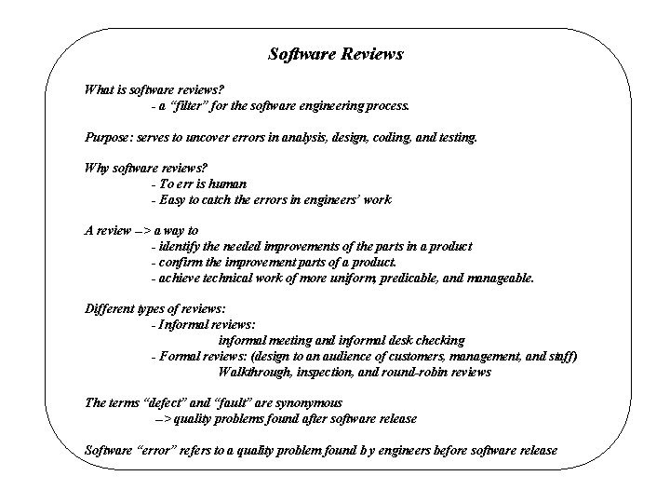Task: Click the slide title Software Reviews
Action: point(335,54)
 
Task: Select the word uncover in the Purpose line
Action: point(220,137)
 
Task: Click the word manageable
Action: point(501,278)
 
